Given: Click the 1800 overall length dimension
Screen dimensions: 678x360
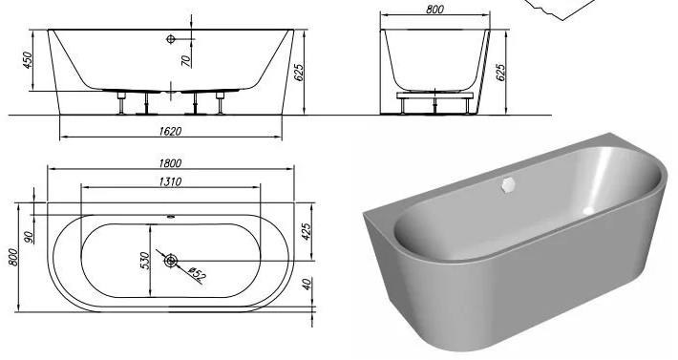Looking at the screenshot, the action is [170, 163].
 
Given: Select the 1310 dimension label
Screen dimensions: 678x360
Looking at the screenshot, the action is [170, 181].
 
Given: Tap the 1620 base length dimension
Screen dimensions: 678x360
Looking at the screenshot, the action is [170, 132].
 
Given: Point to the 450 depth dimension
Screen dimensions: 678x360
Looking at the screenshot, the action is [28, 60].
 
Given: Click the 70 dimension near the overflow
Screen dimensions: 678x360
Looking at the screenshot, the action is [186, 60].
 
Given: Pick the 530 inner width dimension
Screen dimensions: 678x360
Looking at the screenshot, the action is [145, 261].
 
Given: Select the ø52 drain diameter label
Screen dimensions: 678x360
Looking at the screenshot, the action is [197, 274].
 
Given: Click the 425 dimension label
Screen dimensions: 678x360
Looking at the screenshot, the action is [306, 232].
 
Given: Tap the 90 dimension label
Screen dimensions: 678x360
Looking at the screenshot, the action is [30, 237].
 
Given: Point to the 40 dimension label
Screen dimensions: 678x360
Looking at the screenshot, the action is [307, 284].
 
